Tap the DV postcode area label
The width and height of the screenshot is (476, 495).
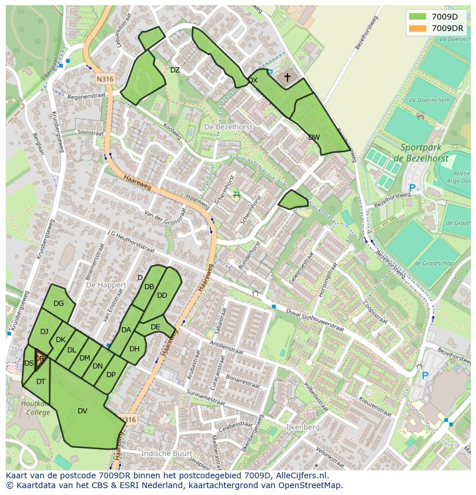click(x=82, y=411)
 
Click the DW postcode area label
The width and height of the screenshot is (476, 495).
click(x=314, y=137)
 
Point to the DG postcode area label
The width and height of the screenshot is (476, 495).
click(x=59, y=304)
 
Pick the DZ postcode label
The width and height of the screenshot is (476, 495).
click(x=175, y=70)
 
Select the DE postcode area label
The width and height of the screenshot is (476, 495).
click(x=155, y=327)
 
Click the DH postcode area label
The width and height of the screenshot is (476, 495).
click(x=135, y=349)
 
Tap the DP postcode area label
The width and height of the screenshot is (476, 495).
click(x=111, y=375)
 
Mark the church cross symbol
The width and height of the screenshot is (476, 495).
click(x=287, y=77)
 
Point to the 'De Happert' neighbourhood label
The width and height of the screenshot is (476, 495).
click(x=105, y=285)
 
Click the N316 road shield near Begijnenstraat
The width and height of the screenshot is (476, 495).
click(x=105, y=79)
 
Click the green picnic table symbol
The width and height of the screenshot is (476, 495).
click(x=236, y=194)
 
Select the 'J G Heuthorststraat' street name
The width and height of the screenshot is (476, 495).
click(x=130, y=241)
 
